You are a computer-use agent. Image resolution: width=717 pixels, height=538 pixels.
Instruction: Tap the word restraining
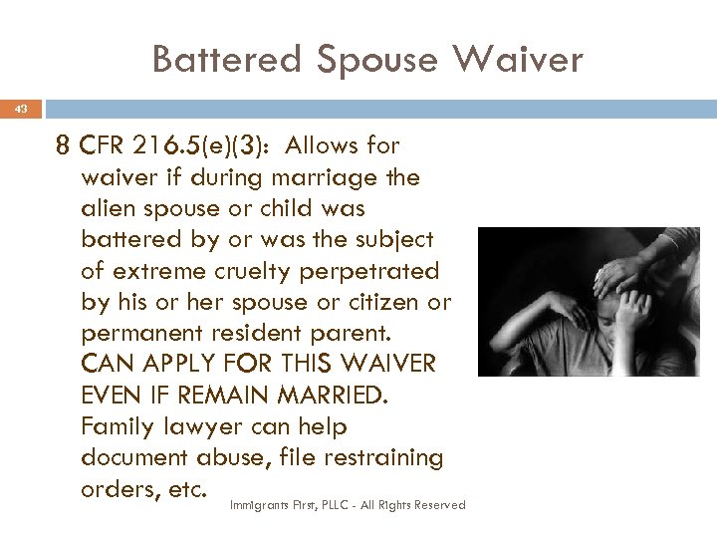tap(382, 457)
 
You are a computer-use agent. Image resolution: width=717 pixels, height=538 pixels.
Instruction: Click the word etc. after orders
tap(187, 488)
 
